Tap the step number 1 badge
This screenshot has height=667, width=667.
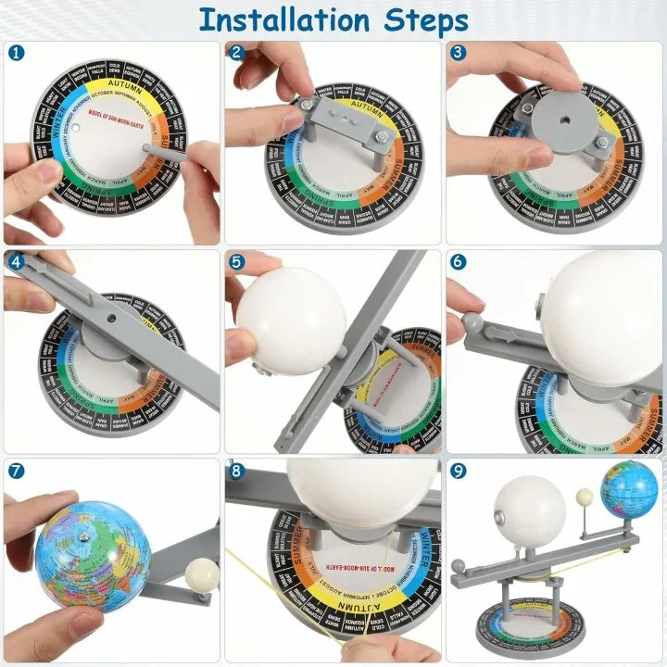(x=16, y=54)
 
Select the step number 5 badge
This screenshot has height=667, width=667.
(x=237, y=262)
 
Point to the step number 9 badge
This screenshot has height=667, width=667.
(x=458, y=471)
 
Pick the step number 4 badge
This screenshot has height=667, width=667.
(x=16, y=262)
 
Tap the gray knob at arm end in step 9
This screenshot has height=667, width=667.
(x=459, y=565)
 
